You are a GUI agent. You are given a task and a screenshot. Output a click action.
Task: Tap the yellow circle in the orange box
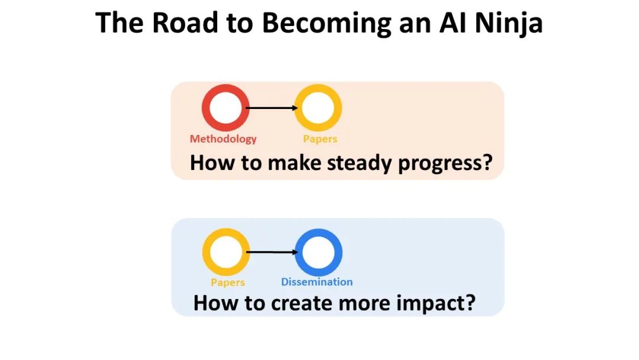pos(318,108)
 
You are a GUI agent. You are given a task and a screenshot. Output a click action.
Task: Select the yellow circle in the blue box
pos(224,252)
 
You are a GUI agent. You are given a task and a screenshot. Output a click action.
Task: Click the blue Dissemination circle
pos(319,252)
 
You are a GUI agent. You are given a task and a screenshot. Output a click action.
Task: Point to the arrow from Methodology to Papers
pos(272,108)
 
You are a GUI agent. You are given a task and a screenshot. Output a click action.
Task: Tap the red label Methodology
pos(223,139)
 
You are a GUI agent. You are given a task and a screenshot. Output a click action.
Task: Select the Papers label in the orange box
pos(320,139)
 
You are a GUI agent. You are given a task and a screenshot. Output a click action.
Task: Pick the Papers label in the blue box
pos(228,282)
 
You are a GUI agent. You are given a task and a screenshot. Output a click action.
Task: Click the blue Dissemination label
pos(317,282)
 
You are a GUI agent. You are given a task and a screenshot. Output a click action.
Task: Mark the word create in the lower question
pos(301,303)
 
